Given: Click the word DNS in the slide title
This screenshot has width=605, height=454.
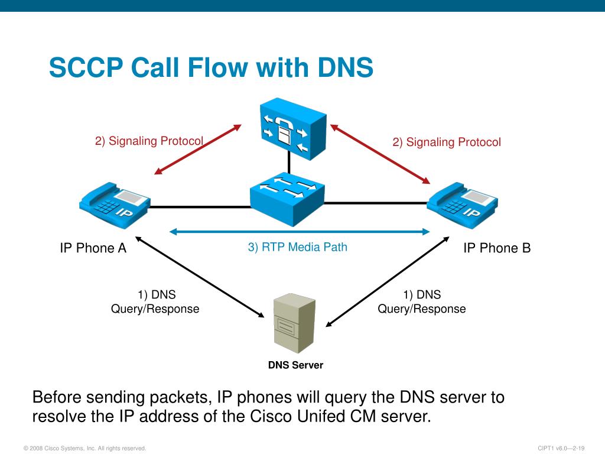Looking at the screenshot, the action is (x=345, y=67).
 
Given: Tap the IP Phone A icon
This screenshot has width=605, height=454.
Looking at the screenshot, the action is (x=115, y=205).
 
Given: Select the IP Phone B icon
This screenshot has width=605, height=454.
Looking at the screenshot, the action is (x=462, y=205).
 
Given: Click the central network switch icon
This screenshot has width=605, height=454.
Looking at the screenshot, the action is (x=287, y=199).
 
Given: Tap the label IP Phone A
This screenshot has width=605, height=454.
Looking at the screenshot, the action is (x=93, y=248).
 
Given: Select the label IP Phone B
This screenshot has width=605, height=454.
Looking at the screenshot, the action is (x=497, y=248).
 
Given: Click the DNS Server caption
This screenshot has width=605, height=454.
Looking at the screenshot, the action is (x=295, y=365).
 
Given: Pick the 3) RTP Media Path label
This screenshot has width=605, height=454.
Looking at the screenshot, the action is (x=298, y=247).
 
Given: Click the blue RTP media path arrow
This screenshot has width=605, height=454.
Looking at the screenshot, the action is (x=300, y=232).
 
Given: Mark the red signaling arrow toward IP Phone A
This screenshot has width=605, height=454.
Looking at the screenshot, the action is (x=198, y=150).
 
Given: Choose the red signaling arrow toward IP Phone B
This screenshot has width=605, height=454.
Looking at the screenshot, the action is (x=380, y=154).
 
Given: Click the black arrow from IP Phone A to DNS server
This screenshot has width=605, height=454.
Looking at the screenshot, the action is (x=200, y=277).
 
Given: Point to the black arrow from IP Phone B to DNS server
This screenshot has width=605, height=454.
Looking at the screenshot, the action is (x=388, y=282).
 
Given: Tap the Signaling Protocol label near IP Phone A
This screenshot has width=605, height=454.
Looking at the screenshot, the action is (x=149, y=141).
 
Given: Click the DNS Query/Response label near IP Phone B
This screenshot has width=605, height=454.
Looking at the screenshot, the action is (x=422, y=301).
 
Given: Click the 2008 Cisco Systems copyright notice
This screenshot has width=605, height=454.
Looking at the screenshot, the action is (x=85, y=448).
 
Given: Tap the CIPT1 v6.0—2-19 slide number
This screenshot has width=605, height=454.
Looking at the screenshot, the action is (x=561, y=448).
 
